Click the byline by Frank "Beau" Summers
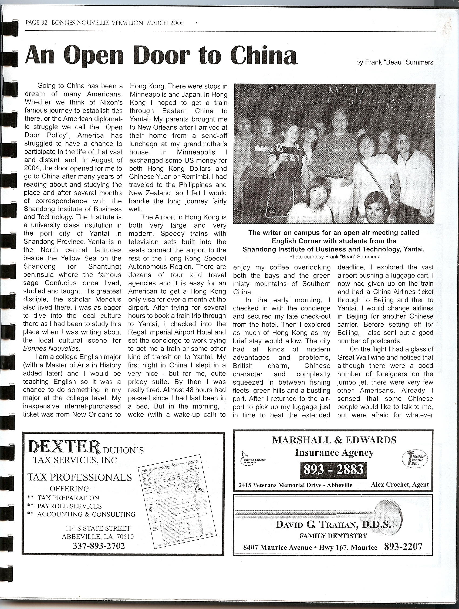(394, 63)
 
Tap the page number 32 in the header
(44, 23)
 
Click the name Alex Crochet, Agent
(400, 485)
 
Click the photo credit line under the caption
(334, 257)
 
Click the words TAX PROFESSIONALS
(80, 477)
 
